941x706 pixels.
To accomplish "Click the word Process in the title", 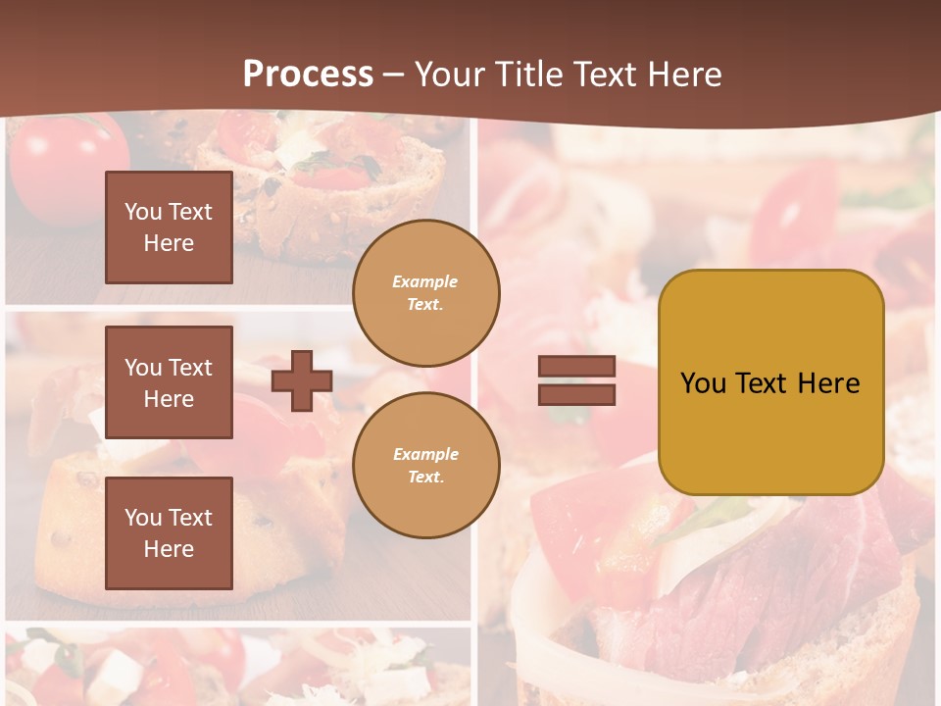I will [308, 75].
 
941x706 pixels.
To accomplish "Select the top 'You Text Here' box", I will [169, 227].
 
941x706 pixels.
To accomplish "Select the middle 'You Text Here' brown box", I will [169, 382].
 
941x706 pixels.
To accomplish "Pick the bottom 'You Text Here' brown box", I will [169, 532].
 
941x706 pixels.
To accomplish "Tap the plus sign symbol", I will [302, 380].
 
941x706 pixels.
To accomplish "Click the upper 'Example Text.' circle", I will [425, 293].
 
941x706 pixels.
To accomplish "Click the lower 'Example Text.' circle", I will [425, 465].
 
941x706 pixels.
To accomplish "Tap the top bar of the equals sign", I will [576, 367].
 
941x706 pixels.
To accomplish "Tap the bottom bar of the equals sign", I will [576, 394].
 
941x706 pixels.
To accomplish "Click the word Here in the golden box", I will [828, 383].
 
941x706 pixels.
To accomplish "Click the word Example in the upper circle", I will [425, 281].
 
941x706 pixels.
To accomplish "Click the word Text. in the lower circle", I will [425, 477].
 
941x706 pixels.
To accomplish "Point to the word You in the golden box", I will [703, 383].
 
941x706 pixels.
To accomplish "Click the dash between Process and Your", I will [394, 75].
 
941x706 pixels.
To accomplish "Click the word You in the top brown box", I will [143, 212].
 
